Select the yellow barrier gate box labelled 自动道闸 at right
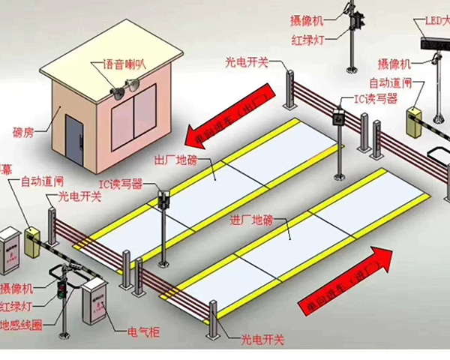pyautogui.click(x=413, y=123)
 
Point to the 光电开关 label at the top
pyautogui.click(x=247, y=62)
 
